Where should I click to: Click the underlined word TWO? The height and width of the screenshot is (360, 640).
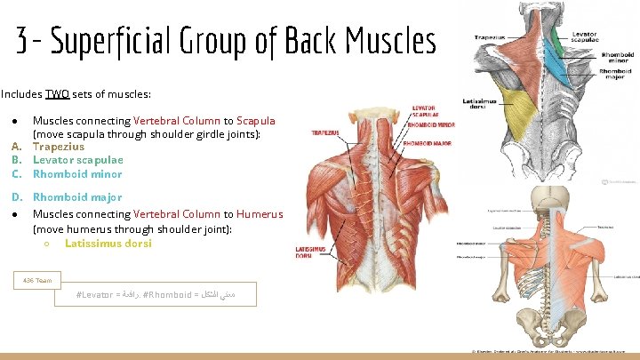tap(58, 93)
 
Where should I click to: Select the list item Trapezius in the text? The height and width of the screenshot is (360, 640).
tap(59, 147)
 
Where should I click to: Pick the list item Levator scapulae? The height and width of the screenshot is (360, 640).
tap(78, 160)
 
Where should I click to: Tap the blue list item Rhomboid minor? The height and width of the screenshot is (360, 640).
tap(77, 174)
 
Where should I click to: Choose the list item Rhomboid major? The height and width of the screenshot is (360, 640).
tap(77, 197)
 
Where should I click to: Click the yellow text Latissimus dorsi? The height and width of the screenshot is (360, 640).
tap(108, 243)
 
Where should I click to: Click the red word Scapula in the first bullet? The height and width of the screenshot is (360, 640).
tap(256, 121)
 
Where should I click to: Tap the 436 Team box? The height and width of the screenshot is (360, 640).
tap(37, 281)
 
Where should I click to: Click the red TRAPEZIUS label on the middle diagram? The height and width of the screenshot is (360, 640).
tap(324, 133)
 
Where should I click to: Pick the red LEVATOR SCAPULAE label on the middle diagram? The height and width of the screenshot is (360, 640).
tap(423, 112)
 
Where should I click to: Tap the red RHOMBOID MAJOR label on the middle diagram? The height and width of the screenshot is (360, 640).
tap(428, 142)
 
